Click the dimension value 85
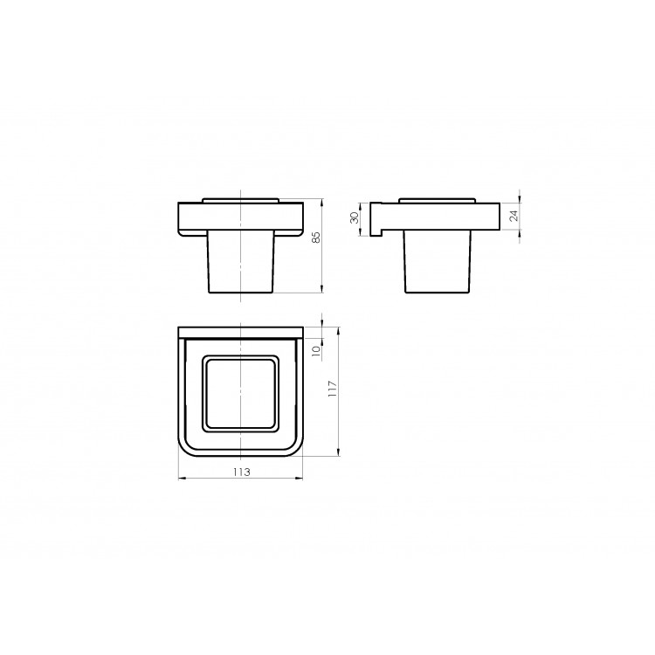[317, 238]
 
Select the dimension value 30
[355, 217]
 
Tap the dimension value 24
[514, 216]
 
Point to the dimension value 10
[316, 350]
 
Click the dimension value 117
[333, 389]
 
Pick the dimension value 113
[241, 472]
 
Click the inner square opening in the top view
[241, 393]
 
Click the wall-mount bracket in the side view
[375, 220]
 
